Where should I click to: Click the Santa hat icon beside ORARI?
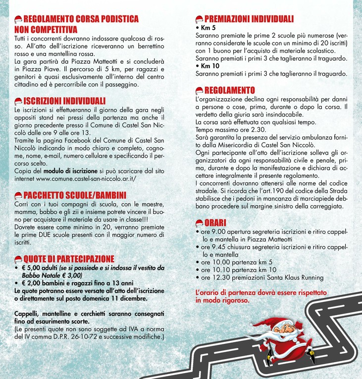click(199, 223)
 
